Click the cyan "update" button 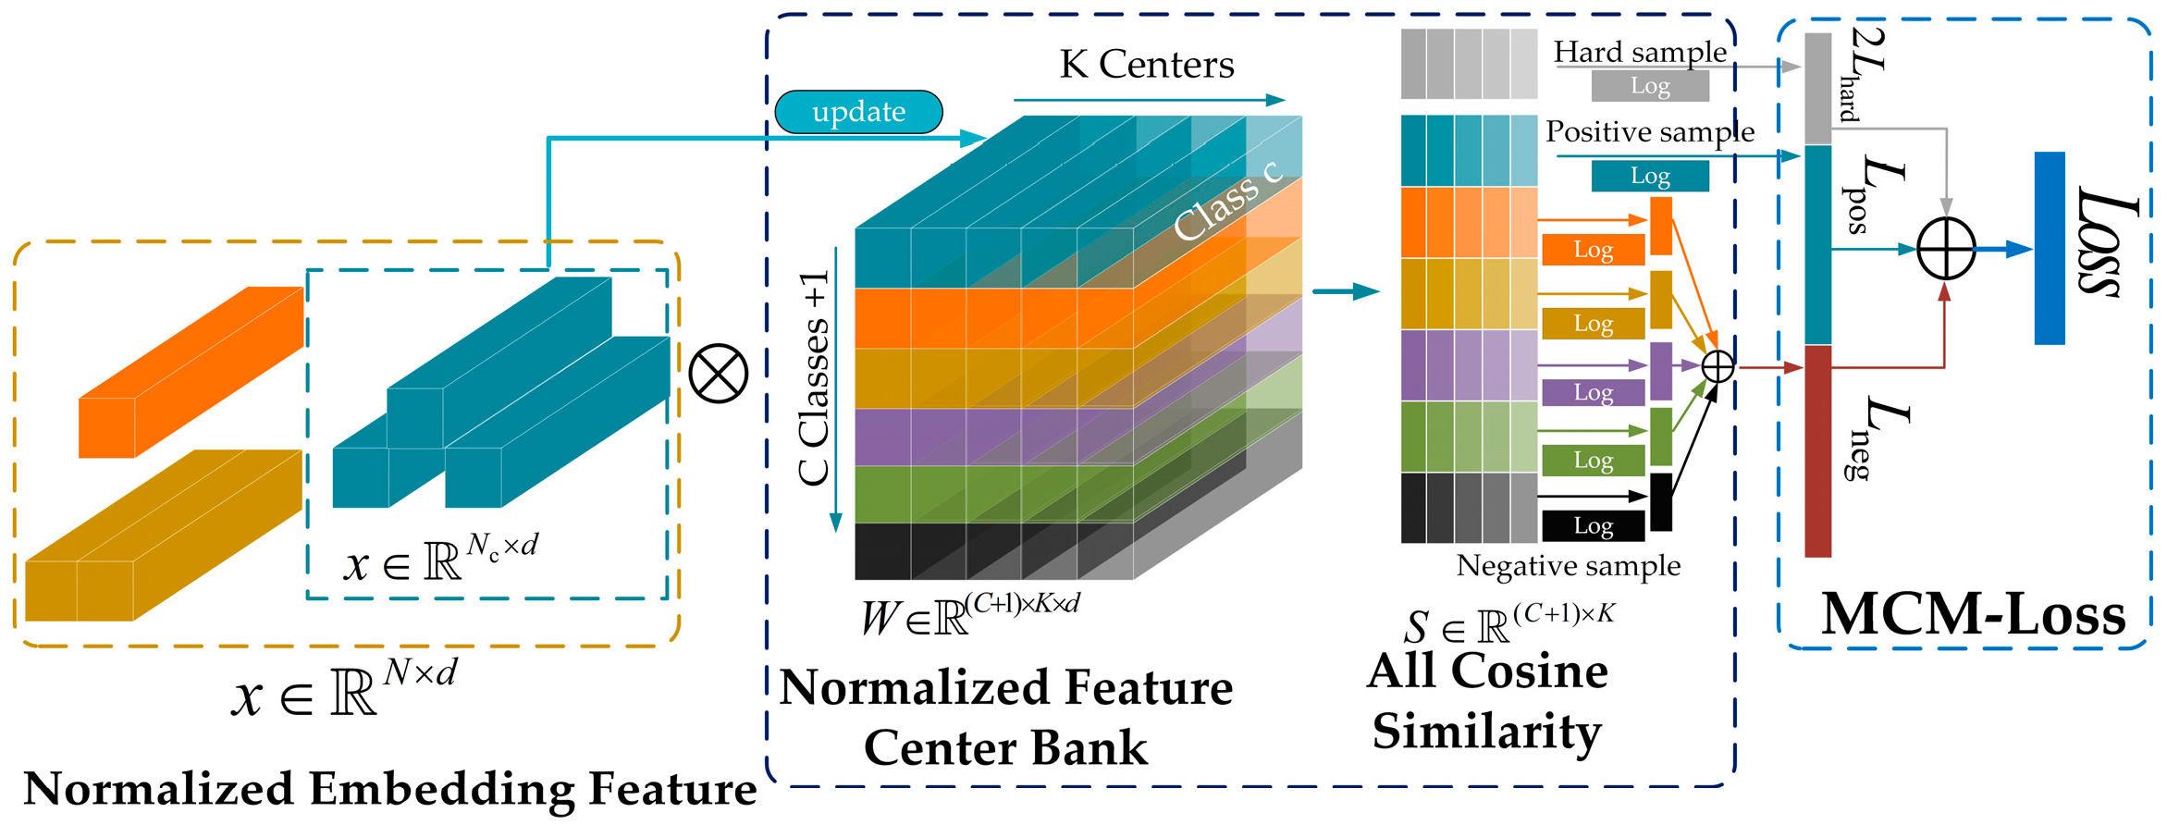coord(858,112)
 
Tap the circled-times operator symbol coord(719,374)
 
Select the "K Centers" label coord(1146,65)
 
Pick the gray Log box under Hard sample coord(1649,86)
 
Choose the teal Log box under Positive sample coord(1649,176)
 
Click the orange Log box coord(1593,250)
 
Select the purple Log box coord(1593,392)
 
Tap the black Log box coord(1593,525)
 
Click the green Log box coord(1593,460)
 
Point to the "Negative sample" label coord(1569,565)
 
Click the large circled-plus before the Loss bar coord(1946,248)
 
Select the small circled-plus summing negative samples coord(1718,367)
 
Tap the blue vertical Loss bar coord(2050,248)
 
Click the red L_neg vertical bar coord(1818,450)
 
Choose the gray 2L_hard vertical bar coord(1818,89)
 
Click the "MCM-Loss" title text coord(1973,613)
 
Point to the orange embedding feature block coord(190,375)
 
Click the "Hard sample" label coord(1640,52)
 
